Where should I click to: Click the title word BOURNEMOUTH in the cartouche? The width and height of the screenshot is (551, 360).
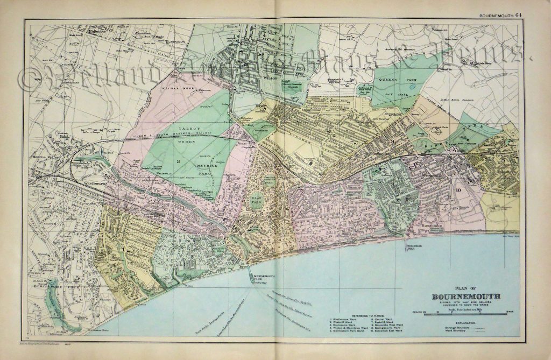467,297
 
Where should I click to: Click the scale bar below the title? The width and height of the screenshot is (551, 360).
465,313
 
